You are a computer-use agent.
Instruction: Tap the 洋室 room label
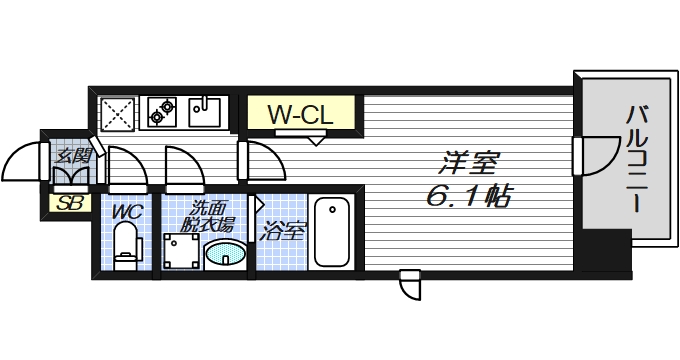click(x=468, y=161)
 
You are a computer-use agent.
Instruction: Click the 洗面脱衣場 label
click(x=206, y=218)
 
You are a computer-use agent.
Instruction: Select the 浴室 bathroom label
click(x=282, y=234)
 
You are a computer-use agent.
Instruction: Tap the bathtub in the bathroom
click(x=331, y=232)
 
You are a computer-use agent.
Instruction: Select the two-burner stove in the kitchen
click(x=163, y=110)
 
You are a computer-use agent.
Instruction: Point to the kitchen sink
click(x=207, y=111)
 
